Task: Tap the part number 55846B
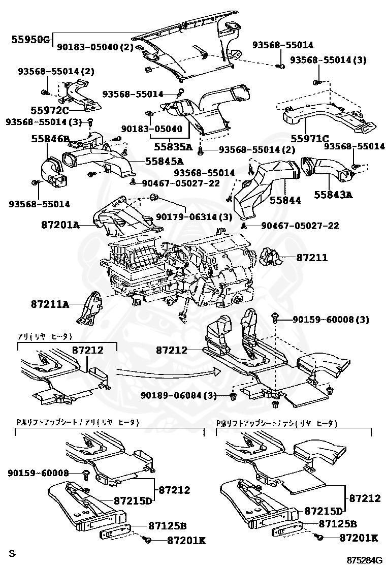(x=49, y=138)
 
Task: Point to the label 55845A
(x=164, y=162)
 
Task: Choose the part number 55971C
(x=309, y=138)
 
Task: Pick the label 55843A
(x=333, y=195)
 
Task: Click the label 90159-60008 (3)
(x=331, y=320)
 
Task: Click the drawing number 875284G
(x=365, y=559)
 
